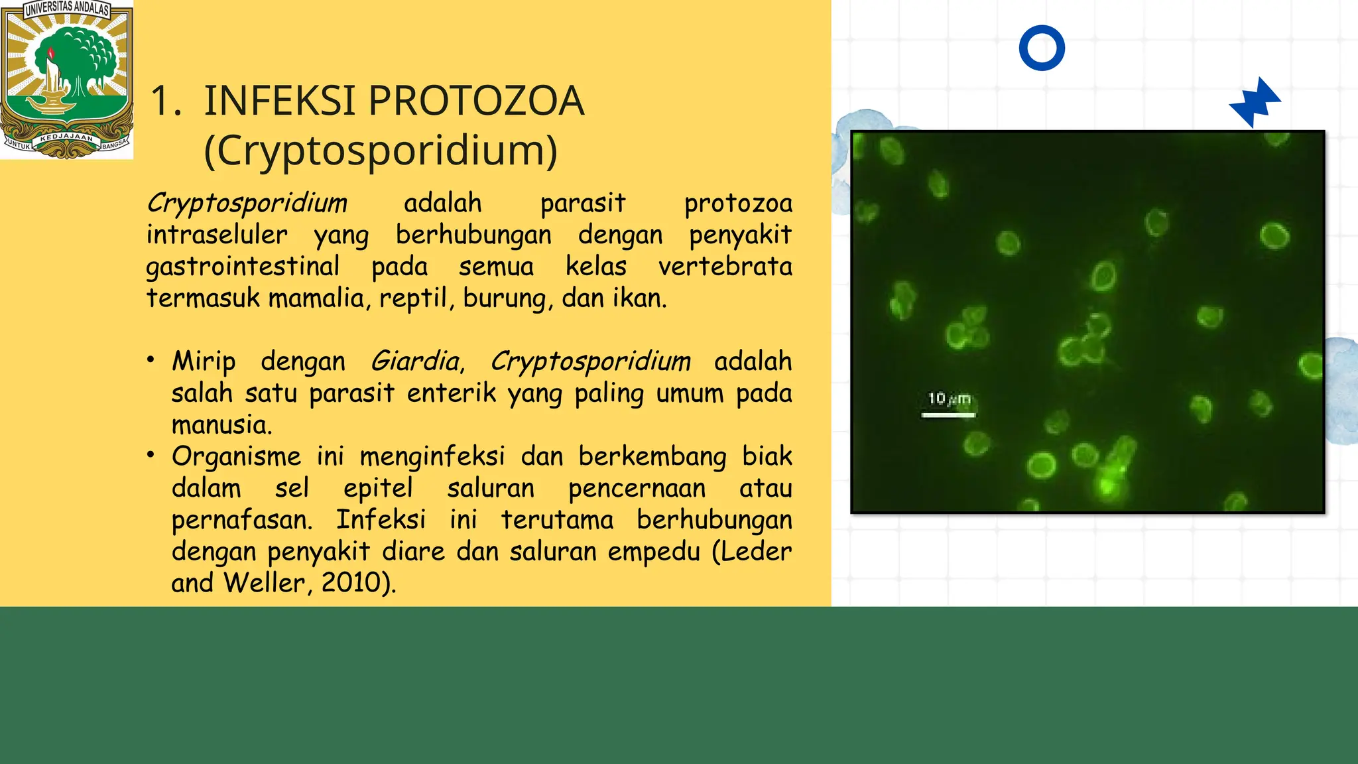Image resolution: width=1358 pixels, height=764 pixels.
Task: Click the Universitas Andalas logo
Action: tap(66, 80)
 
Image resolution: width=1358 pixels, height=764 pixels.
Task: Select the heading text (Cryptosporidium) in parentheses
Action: tap(381, 151)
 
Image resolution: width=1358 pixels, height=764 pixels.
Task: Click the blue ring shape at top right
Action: tap(1042, 48)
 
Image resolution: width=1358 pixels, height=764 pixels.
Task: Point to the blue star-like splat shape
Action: tap(1255, 102)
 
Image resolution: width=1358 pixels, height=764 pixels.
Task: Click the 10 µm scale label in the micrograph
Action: tap(948, 399)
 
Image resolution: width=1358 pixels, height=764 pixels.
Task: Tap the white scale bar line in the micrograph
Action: tap(948, 415)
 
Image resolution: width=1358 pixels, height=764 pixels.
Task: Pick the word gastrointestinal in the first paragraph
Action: tap(243, 267)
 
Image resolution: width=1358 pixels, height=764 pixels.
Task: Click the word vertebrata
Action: tap(725, 267)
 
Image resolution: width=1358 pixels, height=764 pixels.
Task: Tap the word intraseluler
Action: tap(217, 235)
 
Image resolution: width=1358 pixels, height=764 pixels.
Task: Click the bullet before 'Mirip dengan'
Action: tap(151, 360)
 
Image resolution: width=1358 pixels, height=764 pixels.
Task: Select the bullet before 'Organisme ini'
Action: tap(151, 455)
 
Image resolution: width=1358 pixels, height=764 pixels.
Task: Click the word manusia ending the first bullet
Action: tap(221, 425)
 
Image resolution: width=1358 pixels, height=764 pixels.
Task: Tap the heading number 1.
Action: tap(164, 101)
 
